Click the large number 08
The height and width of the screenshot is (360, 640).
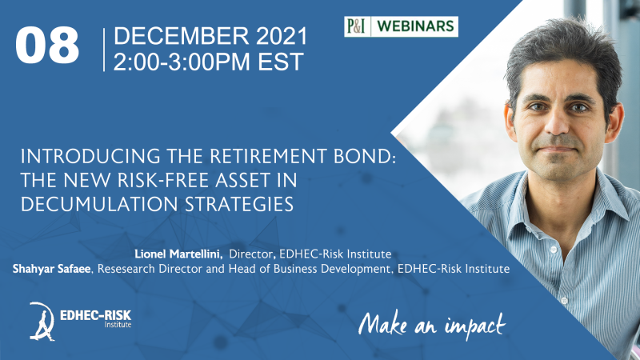pyautogui.click(x=47, y=46)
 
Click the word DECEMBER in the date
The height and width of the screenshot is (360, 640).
pyautogui.click(x=182, y=35)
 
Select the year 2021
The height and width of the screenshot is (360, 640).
pyautogui.click(x=282, y=35)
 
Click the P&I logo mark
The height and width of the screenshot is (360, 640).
pyautogui.click(x=356, y=26)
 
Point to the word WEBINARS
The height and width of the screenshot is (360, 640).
pyautogui.click(x=415, y=26)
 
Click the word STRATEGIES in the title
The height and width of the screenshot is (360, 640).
pyautogui.click(x=239, y=204)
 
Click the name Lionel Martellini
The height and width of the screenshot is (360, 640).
pyautogui.click(x=178, y=254)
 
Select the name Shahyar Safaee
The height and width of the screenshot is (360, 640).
pyautogui.click(x=52, y=269)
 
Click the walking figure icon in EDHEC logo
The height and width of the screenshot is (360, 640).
pyautogui.click(x=42, y=322)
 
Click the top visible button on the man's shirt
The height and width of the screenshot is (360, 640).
pyautogui.click(x=553, y=250)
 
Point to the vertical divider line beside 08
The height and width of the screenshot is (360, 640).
pyautogui.click(x=104, y=50)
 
